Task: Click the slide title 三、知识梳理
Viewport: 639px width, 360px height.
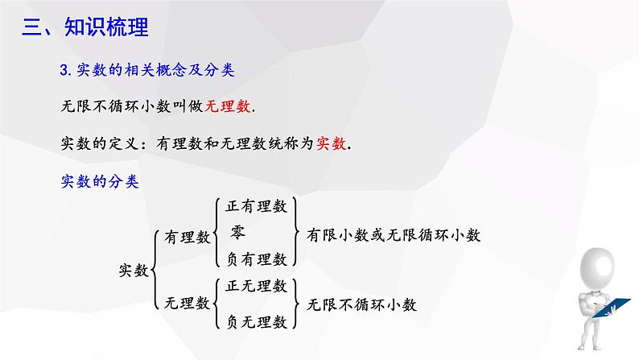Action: [85, 27]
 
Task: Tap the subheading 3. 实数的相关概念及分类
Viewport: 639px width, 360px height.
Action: [147, 70]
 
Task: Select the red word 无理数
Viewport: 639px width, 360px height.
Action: [228, 106]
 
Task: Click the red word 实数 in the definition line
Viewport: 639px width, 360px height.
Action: [332, 143]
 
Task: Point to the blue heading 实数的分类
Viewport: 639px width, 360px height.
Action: [100, 181]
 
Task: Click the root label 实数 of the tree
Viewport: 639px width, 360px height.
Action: [134, 270]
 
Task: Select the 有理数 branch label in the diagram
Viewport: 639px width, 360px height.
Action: [187, 237]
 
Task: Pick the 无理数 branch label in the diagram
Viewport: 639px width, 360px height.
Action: [187, 303]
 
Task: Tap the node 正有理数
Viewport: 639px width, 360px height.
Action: [257, 206]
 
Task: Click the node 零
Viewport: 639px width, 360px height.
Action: [238, 233]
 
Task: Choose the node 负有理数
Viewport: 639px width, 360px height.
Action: [257, 259]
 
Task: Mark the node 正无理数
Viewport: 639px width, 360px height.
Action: [257, 286]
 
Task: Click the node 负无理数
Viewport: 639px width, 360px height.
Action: [257, 322]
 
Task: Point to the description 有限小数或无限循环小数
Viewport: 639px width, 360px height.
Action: [394, 235]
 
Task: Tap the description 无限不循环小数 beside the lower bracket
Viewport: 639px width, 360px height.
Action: [361, 304]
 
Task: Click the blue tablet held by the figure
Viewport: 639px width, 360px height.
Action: [611, 308]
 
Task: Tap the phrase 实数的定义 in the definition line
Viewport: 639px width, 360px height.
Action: [100, 143]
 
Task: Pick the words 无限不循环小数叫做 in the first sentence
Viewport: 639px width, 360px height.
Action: [132, 106]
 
